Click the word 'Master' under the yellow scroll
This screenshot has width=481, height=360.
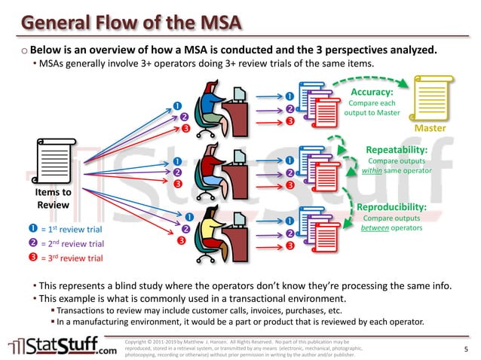coord(430,129)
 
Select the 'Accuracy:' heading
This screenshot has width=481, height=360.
coord(372,92)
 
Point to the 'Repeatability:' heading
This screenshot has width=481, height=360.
coord(397,150)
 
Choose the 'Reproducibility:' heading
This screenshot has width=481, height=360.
coord(391,206)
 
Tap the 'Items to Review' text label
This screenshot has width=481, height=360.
coord(54,197)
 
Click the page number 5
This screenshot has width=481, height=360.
coord(466,349)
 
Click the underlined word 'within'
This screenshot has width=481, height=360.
coord(372,171)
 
